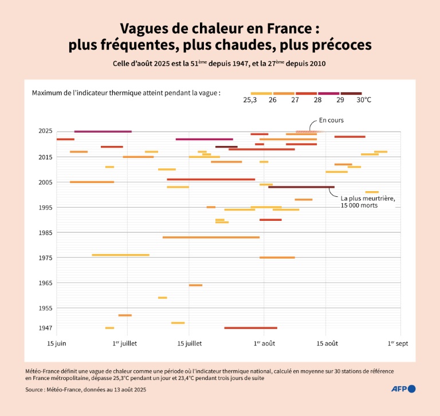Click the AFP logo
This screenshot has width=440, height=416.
click(x=403, y=389)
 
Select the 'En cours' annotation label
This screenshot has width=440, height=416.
click(x=331, y=120)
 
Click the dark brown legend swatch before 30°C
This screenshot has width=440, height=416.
click(x=351, y=93)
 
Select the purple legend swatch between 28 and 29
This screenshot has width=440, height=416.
click(x=328, y=93)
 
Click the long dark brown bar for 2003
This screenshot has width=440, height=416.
click(x=301, y=187)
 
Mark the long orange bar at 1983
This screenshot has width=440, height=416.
click(x=211, y=237)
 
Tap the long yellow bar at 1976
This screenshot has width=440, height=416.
click(x=120, y=255)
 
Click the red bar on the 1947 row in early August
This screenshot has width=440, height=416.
click(x=250, y=328)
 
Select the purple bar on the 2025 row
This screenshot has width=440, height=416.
click(x=103, y=131)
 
